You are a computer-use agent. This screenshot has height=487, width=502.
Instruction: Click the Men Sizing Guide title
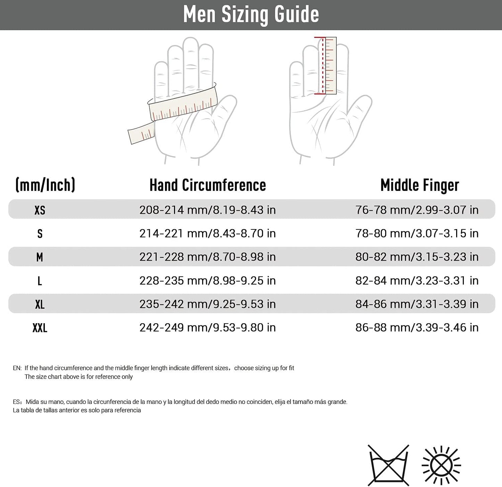click(x=251, y=15)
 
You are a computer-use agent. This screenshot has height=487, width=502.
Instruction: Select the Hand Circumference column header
click(x=207, y=185)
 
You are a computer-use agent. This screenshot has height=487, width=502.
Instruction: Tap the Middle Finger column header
click(x=419, y=185)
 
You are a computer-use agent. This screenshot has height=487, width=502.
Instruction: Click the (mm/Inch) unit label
click(x=45, y=185)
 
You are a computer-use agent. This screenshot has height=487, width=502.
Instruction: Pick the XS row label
click(x=40, y=210)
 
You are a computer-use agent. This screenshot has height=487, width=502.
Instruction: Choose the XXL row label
click(x=40, y=328)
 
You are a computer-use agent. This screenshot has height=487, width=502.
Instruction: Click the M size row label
click(x=40, y=257)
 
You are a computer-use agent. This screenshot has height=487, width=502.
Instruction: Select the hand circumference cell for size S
click(x=207, y=233)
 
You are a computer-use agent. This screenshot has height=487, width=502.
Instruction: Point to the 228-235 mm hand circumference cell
click(x=207, y=281)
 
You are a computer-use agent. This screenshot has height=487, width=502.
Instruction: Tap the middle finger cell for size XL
click(x=417, y=304)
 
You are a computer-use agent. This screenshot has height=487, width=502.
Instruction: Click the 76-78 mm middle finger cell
click(x=417, y=210)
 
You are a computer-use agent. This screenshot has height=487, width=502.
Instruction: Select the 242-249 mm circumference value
click(x=207, y=327)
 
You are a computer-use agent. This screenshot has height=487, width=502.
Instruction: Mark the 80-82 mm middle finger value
click(x=417, y=257)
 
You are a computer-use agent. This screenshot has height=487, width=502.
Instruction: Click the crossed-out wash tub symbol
click(x=388, y=465)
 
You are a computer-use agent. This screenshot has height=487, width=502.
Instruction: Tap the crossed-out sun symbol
click(x=441, y=465)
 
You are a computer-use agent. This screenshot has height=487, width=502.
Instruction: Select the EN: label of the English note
click(x=17, y=368)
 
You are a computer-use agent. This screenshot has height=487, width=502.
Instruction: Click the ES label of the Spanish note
click(x=17, y=402)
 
